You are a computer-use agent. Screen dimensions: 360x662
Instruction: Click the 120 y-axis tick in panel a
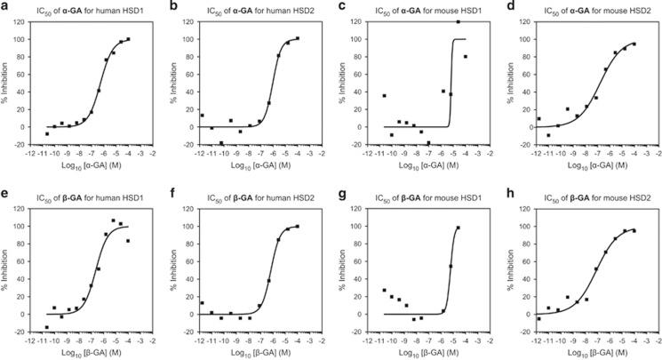[30, 21]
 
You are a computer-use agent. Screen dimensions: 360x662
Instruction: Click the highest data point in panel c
[458, 22]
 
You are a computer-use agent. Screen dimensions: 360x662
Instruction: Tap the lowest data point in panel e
[47, 327]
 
